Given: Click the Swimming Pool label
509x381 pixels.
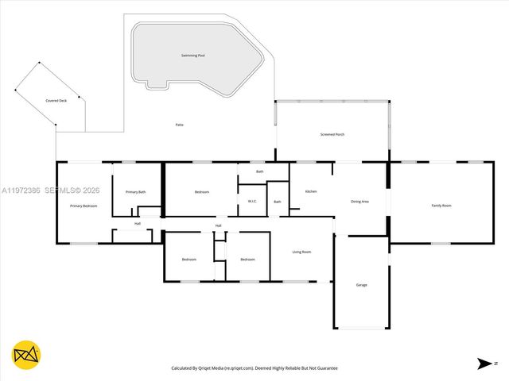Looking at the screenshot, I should point(192,56).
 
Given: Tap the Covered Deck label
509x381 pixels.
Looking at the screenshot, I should point(56,101).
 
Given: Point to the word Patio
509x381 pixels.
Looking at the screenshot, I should point(180,125).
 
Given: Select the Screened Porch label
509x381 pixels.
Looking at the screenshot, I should point(332,135).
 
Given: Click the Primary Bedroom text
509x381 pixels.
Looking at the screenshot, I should point(84,206).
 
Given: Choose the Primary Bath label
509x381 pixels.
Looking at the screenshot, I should point(136,192).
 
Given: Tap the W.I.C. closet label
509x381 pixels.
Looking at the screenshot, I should point(251,201).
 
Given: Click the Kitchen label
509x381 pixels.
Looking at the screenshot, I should point(311,191).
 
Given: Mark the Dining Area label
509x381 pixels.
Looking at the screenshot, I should point(359,202).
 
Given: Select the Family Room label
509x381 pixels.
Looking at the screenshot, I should point(441,206).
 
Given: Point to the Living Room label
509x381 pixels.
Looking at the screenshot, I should point(301,252).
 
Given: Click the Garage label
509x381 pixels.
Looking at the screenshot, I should point(362,284).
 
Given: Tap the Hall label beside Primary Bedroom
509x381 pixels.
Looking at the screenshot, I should point(138,224).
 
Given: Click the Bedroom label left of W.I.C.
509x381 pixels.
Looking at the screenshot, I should point(202,192).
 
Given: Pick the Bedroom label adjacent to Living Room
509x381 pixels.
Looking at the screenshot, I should point(248,260).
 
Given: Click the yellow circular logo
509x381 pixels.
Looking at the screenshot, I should point(26,356).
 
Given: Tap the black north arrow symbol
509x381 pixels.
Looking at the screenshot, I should point(484,364).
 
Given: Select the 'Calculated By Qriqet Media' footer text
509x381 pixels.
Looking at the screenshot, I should point(254,368).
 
